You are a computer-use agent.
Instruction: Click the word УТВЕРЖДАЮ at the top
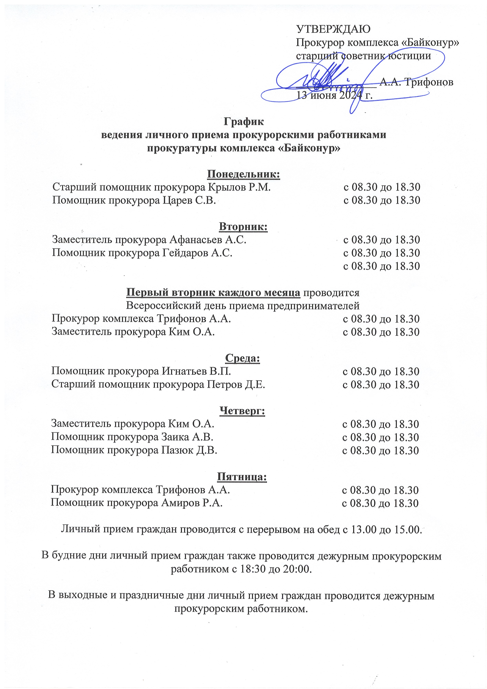[333, 29]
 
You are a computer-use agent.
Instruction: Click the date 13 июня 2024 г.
[335, 95]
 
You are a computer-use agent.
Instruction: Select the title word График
[244, 122]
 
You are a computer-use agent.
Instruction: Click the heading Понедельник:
[243, 174]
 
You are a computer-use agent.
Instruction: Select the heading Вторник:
[243, 227]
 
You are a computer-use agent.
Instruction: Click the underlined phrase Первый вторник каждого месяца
[213, 292]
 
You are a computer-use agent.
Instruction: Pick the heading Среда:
[243, 358]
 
